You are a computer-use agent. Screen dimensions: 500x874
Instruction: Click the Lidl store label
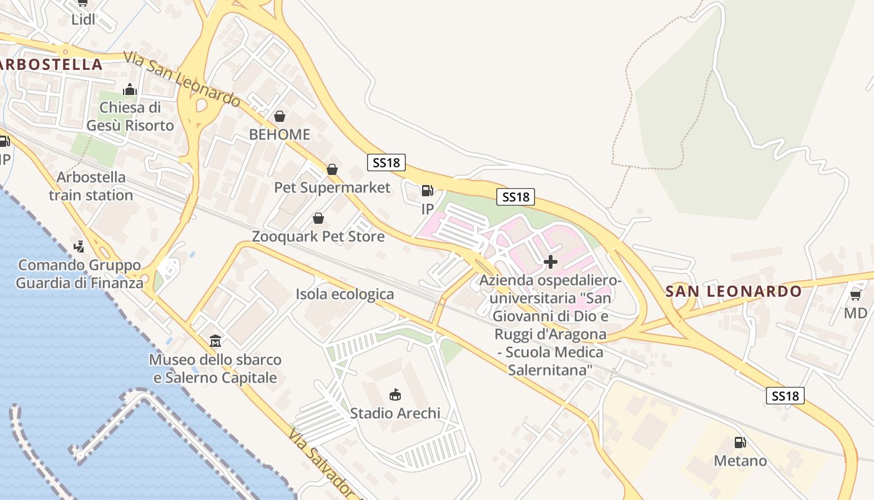click(x=83, y=19)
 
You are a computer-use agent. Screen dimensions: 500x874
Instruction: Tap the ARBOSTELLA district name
click(x=52, y=64)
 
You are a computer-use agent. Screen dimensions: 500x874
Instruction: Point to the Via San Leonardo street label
click(x=182, y=79)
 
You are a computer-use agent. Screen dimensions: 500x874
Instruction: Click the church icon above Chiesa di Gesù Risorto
click(x=130, y=90)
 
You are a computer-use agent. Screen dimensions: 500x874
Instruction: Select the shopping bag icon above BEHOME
click(x=280, y=116)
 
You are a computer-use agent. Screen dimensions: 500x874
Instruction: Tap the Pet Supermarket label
click(x=332, y=187)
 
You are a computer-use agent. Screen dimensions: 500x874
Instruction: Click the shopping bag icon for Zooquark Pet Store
click(x=318, y=218)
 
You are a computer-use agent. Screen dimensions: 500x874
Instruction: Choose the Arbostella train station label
click(x=91, y=186)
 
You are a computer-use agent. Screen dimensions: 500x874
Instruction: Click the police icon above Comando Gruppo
click(x=79, y=247)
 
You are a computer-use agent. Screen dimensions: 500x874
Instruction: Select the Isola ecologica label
click(x=345, y=294)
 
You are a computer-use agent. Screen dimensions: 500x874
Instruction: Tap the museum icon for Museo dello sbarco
click(x=215, y=341)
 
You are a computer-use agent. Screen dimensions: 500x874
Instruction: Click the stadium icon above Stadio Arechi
click(x=395, y=394)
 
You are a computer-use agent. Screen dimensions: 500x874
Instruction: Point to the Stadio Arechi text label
click(x=395, y=413)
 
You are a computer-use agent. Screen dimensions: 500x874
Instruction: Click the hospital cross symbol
click(x=551, y=261)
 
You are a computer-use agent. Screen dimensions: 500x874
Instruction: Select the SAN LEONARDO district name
click(x=733, y=291)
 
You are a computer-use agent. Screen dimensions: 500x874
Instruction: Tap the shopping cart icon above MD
click(x=855, y=294)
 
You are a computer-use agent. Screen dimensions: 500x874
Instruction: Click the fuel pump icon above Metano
click(x=740, y=442)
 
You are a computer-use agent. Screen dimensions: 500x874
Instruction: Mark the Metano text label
click(x=740, y=461)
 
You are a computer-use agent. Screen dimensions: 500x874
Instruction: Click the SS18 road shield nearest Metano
click(x=785, y=396)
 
